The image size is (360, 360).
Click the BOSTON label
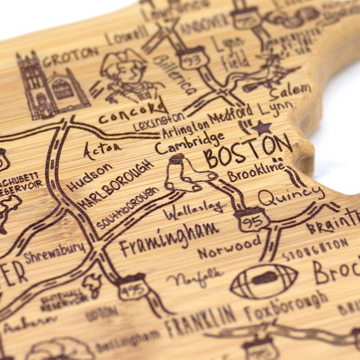click(x=248, y=151)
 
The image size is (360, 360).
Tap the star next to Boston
click(x=261, y=128)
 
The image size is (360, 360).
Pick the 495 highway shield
click(x=131, y=288)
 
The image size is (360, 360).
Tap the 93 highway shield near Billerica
click(x=192, y=60)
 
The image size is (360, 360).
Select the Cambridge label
click(x=189, y=142)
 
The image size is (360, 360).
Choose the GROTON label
click(x=72, y=56)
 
